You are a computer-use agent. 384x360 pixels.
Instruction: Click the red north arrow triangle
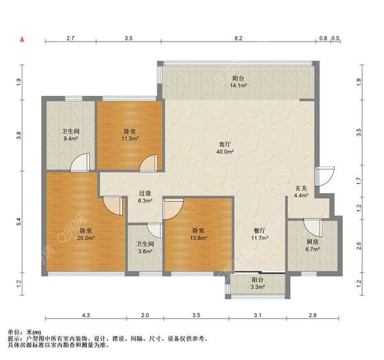coord(22,39)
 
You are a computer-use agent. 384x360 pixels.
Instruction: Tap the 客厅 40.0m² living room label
coord(225,148)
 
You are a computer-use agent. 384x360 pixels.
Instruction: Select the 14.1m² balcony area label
coord(238,82)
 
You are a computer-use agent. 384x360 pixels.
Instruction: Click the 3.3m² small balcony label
coord(257,283)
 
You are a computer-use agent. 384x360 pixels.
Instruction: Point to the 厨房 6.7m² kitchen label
coord(312,246)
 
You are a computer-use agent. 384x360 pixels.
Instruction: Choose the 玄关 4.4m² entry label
coord(301,192)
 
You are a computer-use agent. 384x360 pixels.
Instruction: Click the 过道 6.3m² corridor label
coord(145,197)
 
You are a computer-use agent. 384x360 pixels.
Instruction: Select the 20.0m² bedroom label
coord(86,234)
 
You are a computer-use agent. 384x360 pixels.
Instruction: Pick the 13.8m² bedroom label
coord(198,234)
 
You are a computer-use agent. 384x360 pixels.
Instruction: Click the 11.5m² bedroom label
coord(130,135)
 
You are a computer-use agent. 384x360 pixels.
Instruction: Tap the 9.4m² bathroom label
coord(70,135)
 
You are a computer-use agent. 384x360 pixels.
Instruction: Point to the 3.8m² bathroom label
coord(145,247)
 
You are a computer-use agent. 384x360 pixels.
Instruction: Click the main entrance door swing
coord(324,176)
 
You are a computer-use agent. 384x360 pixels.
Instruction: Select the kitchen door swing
coord(313,228)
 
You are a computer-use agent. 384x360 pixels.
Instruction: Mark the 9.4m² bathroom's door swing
coord(79,162)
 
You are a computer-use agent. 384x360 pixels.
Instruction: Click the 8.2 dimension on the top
coord(238,38)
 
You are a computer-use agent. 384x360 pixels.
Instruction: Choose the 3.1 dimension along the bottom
coord(257,315)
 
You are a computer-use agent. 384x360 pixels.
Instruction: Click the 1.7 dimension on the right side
coord(359,181)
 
